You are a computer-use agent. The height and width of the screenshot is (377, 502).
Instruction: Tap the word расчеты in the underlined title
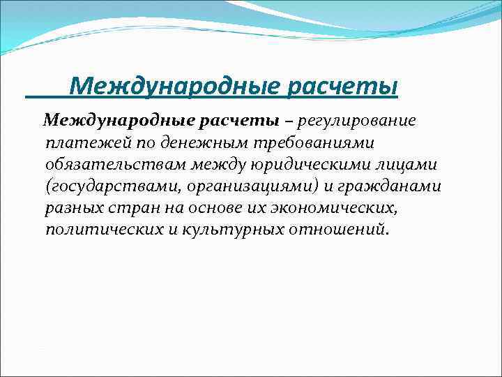(342, 87)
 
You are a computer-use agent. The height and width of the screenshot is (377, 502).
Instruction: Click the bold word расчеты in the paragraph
(227, 121)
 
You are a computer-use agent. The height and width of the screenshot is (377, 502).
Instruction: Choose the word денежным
(167, 143)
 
